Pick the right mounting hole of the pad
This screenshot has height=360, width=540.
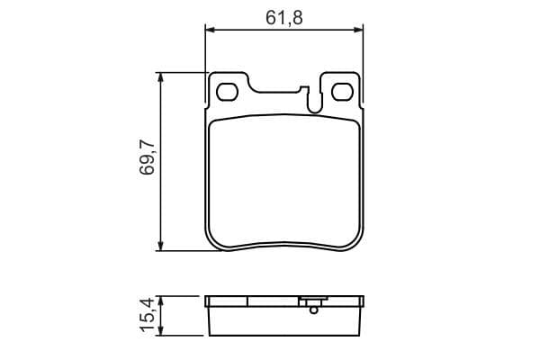point(342,92)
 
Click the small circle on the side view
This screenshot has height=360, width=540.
point(313,310)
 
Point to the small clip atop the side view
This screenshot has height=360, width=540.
point(313,300)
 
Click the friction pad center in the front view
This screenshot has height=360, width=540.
point(285,180)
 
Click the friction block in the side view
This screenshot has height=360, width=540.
point(285,320)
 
